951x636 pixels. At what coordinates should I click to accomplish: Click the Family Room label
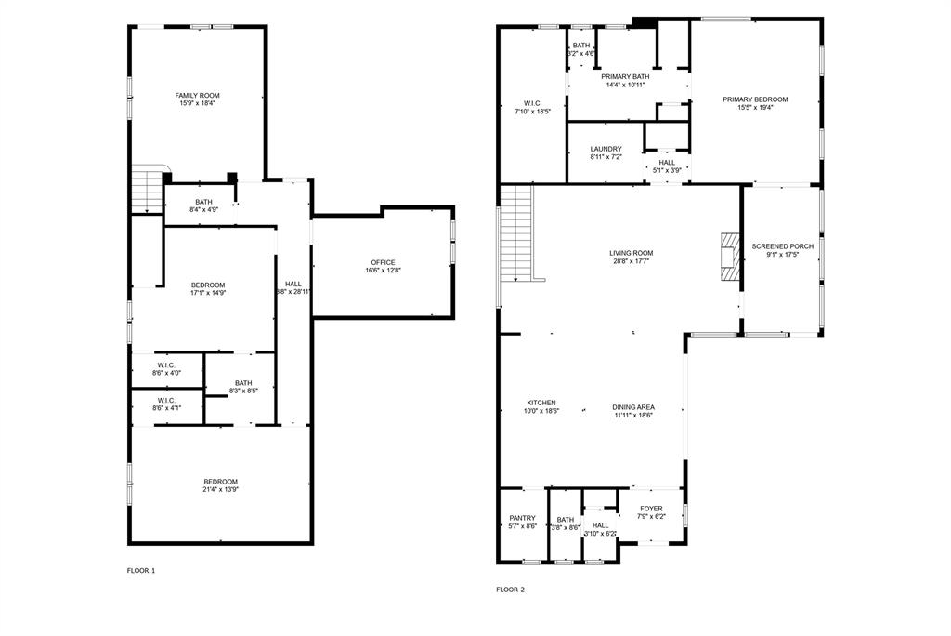pyautogui.click(x=197, y=95)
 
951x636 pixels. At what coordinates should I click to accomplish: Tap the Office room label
pyautogui.click(x=384, y=262)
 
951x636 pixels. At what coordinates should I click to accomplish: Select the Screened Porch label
pyautogui.click(x=782, y=246)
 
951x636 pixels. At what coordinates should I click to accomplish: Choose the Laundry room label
pyautogui.click(x=606, y=149)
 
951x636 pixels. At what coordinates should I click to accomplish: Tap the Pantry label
pyautogui.click(x=522, y=518)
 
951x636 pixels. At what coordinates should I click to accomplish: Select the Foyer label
pyautogui.click(x=650, y=509)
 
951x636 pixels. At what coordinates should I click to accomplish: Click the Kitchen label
pyautogui.click(x=541, y=404)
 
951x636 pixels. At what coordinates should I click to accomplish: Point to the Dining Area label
pyautogui.click(x=633, y=407)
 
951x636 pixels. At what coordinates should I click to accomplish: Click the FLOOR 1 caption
pyautogui.click(x=141, y=570)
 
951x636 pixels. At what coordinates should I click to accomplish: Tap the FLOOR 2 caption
pyautogui.click(x=510, y=589)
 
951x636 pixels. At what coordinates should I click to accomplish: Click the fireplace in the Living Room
pyautogui.click(x=729, y=256)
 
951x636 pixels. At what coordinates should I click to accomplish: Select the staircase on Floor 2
pyautogui.click(x=517, y=232)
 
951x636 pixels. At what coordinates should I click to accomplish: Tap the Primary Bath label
pyautogui.click(x=627, y=76)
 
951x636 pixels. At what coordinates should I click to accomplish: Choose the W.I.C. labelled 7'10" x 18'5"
pyautogui.click(x=532, y=103)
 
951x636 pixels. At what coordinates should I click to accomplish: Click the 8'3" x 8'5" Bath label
pyautogui.click(x=242, y=383)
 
